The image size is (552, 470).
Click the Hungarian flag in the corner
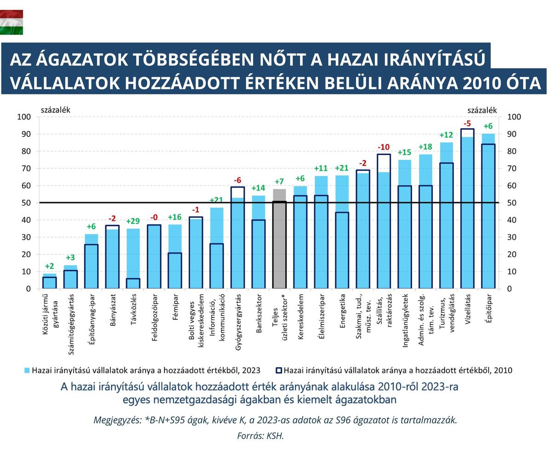point(11,23)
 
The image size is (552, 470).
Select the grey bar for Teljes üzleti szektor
point(279,239)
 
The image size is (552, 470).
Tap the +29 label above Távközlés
point(133,221)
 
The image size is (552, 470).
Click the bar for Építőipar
point(488,212)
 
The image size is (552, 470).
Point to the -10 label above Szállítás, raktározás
point(384,147)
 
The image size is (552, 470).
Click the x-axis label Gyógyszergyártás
point(238,322)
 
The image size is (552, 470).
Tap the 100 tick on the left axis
point(24,117)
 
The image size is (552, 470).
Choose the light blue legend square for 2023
point(27,370)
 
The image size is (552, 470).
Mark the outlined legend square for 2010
point(278,370)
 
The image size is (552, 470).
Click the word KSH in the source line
point(275,435)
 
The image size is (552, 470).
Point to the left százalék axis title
point(56,110)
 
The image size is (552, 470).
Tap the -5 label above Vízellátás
point(467,123)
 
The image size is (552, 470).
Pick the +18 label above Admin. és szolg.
point(425,147)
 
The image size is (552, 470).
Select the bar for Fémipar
point(175,258)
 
